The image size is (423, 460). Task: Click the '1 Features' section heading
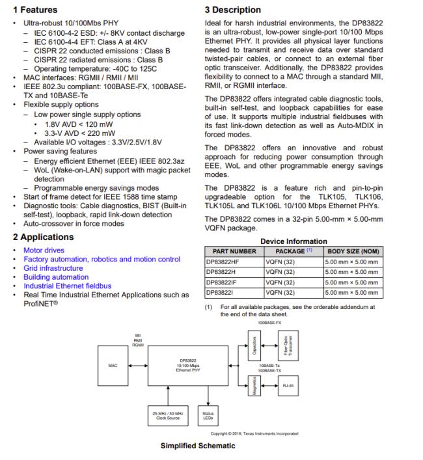[35, 10]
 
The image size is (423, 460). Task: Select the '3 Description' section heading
[233, 10]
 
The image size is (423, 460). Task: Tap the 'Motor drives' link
[44, 250]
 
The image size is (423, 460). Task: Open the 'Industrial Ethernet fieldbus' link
[68, 286]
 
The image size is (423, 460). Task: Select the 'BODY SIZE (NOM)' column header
[353, 251]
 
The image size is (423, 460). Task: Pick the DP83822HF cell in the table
[224, 262]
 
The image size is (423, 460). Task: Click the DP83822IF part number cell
[223, 282]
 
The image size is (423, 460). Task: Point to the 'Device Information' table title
[293, 241]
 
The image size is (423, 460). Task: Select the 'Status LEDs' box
[208, 416]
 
